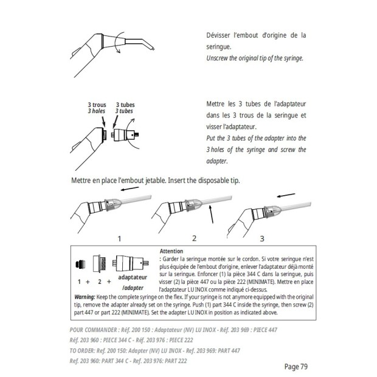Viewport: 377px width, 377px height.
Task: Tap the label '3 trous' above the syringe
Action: pyautogui.click(x=97, y=105)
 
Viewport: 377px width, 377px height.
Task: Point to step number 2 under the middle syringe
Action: pyautogui.click(x=194, y=238)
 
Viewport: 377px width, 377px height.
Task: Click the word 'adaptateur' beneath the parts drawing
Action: pyautogui.click(x=132, y=275)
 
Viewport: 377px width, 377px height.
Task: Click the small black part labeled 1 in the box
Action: pyautogui.click(x=79, y=265)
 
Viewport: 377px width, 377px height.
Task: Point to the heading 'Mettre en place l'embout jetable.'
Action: pyautogui.click(x=124, y=181)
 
